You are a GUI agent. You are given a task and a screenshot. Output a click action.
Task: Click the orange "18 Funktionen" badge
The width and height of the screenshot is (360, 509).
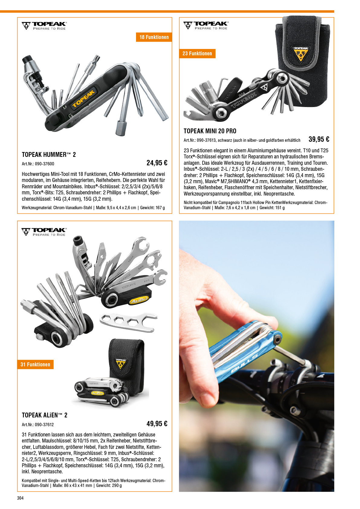[154, 37]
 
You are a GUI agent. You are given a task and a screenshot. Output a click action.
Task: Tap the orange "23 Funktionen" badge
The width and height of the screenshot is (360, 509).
[197, 53]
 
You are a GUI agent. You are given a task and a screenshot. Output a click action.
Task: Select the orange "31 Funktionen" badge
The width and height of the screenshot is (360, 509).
[35, 365]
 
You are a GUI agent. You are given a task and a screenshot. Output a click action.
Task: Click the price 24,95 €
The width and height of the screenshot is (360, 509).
[157, 163]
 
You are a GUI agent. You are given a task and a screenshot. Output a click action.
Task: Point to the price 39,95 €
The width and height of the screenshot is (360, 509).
[319, 139]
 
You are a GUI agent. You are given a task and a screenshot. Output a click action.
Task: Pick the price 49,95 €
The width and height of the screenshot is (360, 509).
[157, 424]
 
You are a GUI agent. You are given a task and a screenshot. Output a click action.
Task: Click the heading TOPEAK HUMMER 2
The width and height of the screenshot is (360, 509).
[49, 155]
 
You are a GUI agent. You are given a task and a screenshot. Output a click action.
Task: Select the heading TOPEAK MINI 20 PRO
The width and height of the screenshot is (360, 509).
[210, 131]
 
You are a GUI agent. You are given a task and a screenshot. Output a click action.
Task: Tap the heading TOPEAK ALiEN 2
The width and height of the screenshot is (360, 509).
[44, 415]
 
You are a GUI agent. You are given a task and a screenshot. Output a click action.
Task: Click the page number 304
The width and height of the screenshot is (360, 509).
[20, 498]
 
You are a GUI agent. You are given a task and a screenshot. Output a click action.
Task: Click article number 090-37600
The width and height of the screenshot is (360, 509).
[44, 164]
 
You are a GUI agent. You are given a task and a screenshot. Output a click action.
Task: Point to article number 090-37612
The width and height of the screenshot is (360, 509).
[44, 425]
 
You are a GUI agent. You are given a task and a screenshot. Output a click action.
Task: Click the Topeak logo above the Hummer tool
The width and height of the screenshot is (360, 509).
[44, 26]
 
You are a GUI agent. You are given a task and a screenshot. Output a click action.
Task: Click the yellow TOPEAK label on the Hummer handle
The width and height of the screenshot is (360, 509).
[84, 99]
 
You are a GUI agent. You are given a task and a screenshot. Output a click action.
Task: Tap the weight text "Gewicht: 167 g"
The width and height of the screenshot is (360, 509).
[153, 208]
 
